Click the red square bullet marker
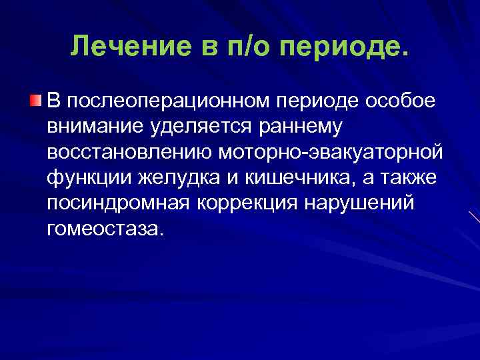tap(35, 101)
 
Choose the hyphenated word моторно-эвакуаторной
tap(329, 152)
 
